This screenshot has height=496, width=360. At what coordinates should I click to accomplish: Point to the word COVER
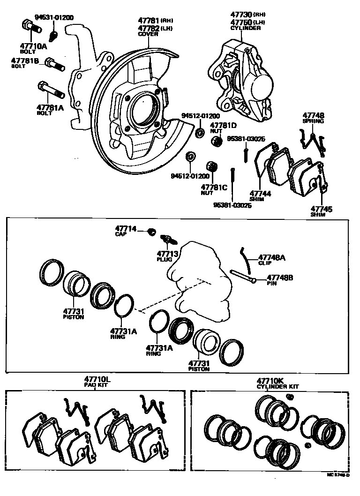pos(148,34)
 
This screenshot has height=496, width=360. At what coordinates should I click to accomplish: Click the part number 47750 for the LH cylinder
pos(242,22)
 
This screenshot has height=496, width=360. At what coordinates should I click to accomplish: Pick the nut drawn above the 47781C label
pos(211,166)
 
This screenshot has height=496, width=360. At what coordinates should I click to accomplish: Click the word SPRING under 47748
pos(313,121)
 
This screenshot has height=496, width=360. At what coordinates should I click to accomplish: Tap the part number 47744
pos(260,193)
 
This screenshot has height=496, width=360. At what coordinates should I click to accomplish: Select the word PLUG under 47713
pos(165,259)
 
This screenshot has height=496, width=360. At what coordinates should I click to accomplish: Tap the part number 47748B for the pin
pos(280,278)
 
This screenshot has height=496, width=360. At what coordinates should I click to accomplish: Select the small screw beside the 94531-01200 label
pos(54,34)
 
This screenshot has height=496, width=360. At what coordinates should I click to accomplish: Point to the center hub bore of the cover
pos(143,110)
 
